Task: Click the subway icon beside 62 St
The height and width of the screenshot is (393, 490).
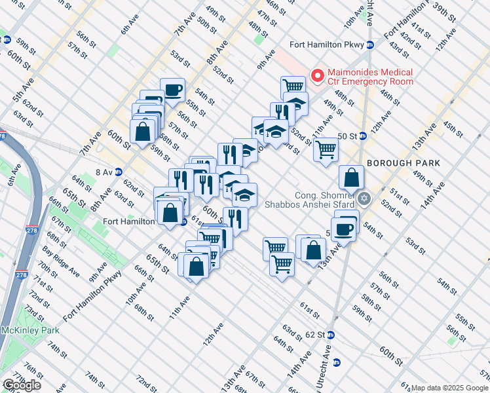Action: (330, 335)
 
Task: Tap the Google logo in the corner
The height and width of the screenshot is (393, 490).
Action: (22, 385)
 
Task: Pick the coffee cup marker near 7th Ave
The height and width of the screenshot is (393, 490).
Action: (172, 90)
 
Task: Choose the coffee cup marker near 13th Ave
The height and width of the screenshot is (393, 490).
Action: (343, 229)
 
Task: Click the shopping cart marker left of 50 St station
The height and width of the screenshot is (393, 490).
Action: (326, 149)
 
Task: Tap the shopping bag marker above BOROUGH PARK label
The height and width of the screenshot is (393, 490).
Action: (352, 176)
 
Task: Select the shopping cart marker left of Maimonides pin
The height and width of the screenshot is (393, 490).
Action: (293, 86)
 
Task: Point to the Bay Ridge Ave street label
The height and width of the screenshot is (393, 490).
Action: (62, 260)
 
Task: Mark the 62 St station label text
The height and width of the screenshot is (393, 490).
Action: (314, 335)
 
